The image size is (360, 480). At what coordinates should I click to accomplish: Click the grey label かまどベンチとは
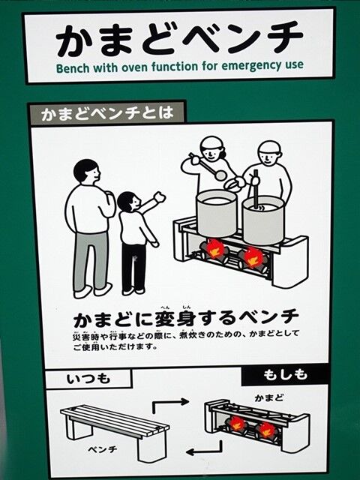click(x=107, y=113)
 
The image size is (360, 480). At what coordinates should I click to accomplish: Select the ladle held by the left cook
click(x=208, y=166)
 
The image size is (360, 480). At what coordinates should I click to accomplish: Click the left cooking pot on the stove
click(x=217, y=213)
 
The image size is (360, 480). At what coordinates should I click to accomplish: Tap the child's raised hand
click(x=160, y=197)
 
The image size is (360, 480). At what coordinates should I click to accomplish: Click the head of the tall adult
click(x=87, y=172)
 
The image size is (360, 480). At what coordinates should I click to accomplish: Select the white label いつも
click(x=88, y=379)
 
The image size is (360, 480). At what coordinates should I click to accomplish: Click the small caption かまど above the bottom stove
click(x=269, y=398)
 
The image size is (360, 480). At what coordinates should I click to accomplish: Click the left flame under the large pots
click(x=215, y=248)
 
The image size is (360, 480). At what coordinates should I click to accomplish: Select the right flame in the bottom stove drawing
click(x=266, y=430)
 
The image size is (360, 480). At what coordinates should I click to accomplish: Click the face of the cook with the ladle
click(x=211, y=151)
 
